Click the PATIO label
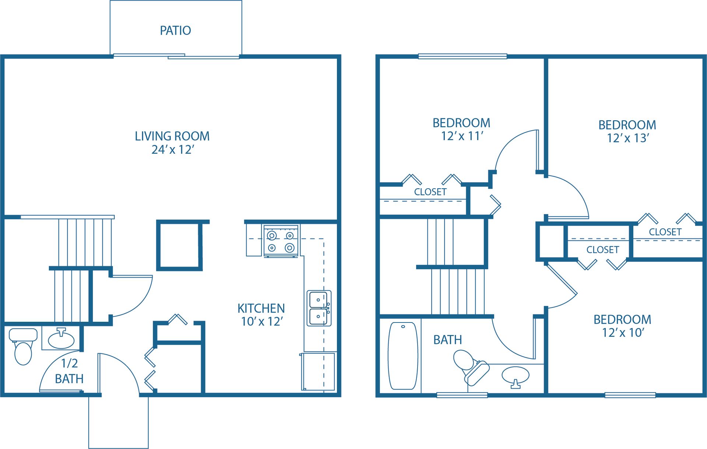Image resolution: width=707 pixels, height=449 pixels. [x=175, y=31]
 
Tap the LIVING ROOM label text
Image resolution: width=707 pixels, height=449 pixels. [x=172, y=136]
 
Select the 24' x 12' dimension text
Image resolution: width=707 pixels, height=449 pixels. [x=173, y=150]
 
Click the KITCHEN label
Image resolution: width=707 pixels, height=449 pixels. [x=261, y=308]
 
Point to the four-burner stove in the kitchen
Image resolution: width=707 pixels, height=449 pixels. [x=281, y=241]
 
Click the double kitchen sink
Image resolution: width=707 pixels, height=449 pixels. [x=319, y=308]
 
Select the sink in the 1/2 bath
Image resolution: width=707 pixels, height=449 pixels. [x=61, y=339]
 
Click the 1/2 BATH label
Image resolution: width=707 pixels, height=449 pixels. [x=69, y=371]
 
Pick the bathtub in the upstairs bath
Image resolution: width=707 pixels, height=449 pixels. [x=403, y=356]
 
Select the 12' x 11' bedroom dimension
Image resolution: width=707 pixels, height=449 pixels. [x=462, y=136]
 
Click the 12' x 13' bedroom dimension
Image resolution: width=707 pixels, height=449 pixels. [x=628, y=138]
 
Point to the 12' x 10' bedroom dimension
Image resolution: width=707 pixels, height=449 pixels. [x=623, y=333]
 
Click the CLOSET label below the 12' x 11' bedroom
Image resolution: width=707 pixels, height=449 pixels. [x=430, y=192]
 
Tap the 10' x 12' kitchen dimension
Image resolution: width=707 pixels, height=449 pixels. [x=262, y=321]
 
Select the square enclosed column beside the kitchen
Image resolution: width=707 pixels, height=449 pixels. [x=179, y=245]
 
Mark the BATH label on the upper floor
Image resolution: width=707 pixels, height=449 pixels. [x=447, y=340]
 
